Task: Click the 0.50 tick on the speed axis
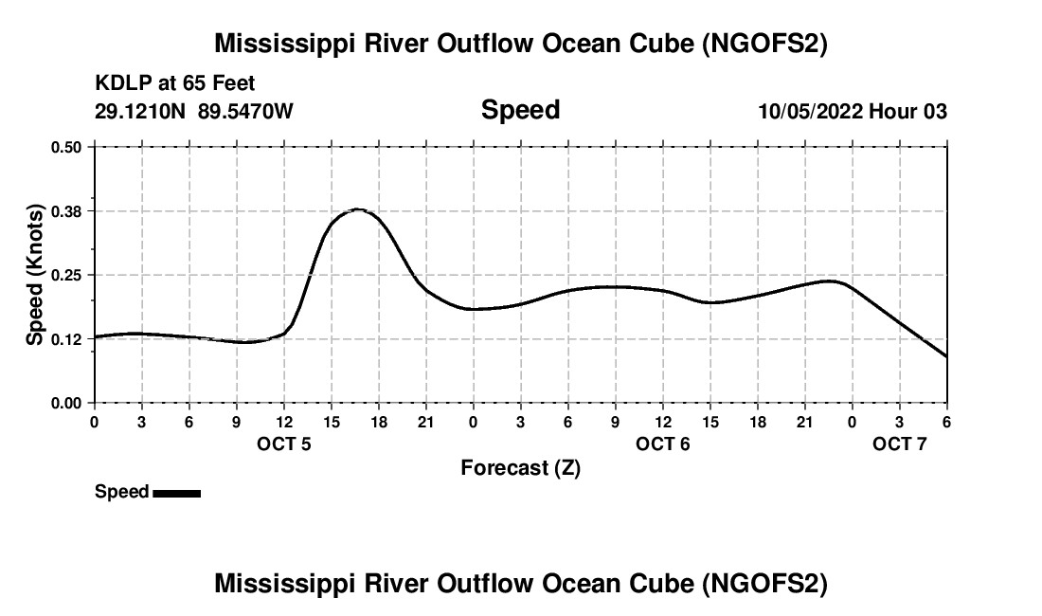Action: (66, 147)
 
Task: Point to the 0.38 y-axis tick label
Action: (66, 210)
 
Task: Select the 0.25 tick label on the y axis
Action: (66, 275)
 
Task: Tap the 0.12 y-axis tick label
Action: (66, 338)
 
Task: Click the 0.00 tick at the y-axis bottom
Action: (66, 403)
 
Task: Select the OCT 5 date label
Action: (284, 444)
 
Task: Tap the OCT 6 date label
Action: (663, 444)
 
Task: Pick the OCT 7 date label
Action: (900, 444)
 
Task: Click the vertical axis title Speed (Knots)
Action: (35, 274)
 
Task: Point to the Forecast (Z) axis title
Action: (520, 468)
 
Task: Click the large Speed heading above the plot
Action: (520, 110)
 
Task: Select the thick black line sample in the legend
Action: (176, 493)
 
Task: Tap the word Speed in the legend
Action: (121, 492)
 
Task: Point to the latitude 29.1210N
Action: (141, 112)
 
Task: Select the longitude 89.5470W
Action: (245, 112)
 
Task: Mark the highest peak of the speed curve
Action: (357, 209)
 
